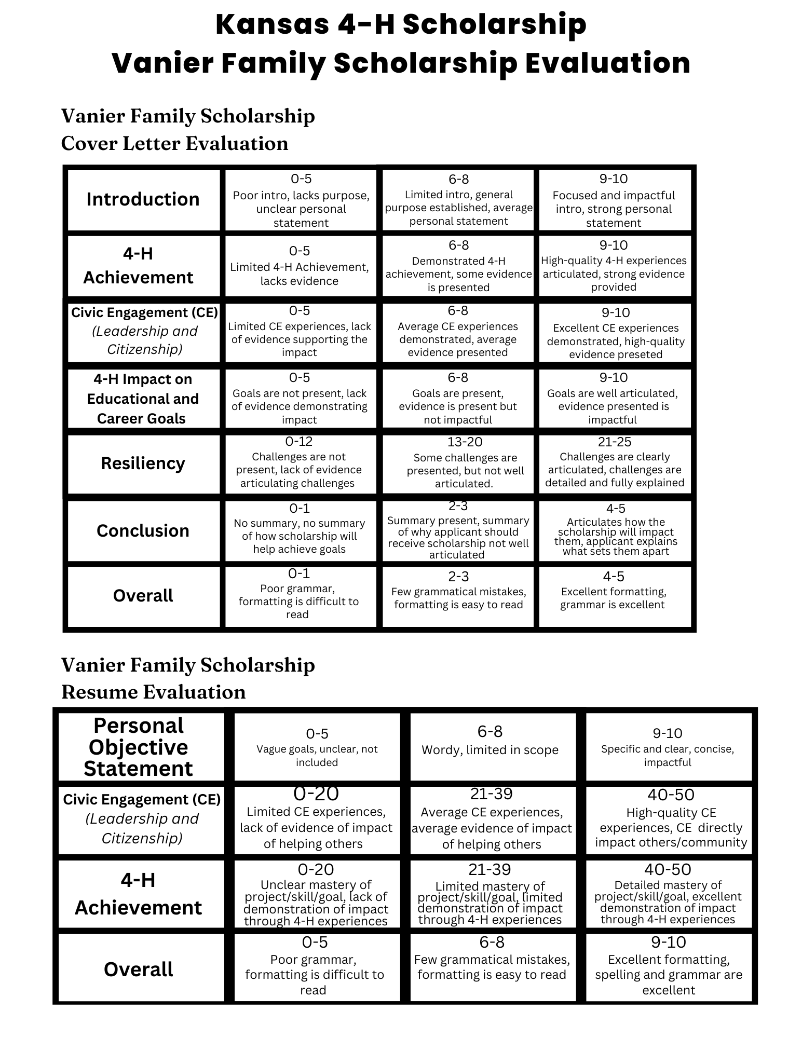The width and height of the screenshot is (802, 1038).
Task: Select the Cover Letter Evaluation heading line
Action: pyautogui.click(x=174, y=144)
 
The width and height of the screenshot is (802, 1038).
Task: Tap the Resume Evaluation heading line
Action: pyautogui.click(x=153, y=692)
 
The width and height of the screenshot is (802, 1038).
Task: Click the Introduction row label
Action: pyautogui.click(x=143, y=199)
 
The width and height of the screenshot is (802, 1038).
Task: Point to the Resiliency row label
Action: pyautogui.click(x=143, y=463)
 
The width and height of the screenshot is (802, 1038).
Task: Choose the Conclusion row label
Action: pyautogui.click(x=143, y=530)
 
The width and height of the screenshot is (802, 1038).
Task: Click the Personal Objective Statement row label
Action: pyautogui.click(x=139, y=747)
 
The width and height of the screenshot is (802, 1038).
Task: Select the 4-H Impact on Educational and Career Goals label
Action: pyautogui.click(x=143, y=399)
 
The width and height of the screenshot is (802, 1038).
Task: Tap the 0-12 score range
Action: pyautogui.click(x=299, y=442)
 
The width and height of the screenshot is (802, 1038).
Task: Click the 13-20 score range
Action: pyautogui.click(x=465, y=442)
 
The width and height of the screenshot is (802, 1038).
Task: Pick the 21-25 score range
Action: pyautogui.click(x=615, y=442)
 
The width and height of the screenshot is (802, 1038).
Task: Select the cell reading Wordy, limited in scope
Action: pyautogui.click(x=490, y=749)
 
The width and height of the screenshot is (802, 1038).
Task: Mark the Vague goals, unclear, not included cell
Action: pyautogui.click(x=317, y=755)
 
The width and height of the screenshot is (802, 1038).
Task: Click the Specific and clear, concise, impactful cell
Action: pyautogui.click(x=668, y=755)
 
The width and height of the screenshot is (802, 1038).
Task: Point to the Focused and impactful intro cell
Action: pyautogui.click(x=614, y=209)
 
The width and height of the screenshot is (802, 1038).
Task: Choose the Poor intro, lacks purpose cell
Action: pyautogui.click(x=301, y=209)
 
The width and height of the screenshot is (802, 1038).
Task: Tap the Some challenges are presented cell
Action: pyautogui.click(x=465, y=470)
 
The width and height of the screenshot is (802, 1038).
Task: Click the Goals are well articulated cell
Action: pyautogui.click(x=613, y=406)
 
